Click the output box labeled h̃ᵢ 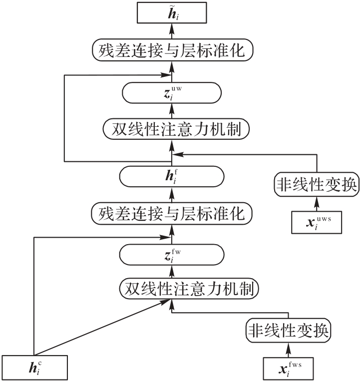point(172,11)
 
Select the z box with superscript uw point(172,93)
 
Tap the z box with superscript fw point(172,256)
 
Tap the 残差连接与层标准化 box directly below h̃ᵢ point(172,50)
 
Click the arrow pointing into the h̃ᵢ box point(172,31)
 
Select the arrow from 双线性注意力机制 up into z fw point(172,272)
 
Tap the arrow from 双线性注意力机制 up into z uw point(172,112)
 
